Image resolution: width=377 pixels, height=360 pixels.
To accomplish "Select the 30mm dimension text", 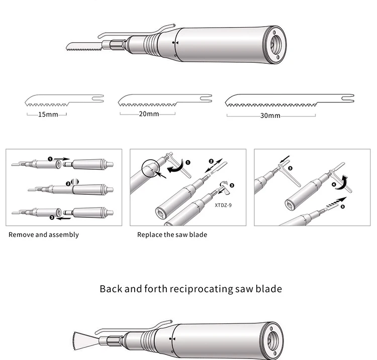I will [x=270, y=116].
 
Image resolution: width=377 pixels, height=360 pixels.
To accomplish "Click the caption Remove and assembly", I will [x=44, y=234].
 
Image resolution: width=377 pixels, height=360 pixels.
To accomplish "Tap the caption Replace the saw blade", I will [x=172, y=234].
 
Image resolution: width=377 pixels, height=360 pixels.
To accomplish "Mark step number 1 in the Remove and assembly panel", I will [x=50, y=159].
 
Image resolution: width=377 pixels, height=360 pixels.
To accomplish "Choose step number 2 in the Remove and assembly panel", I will [x=68, y=184].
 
